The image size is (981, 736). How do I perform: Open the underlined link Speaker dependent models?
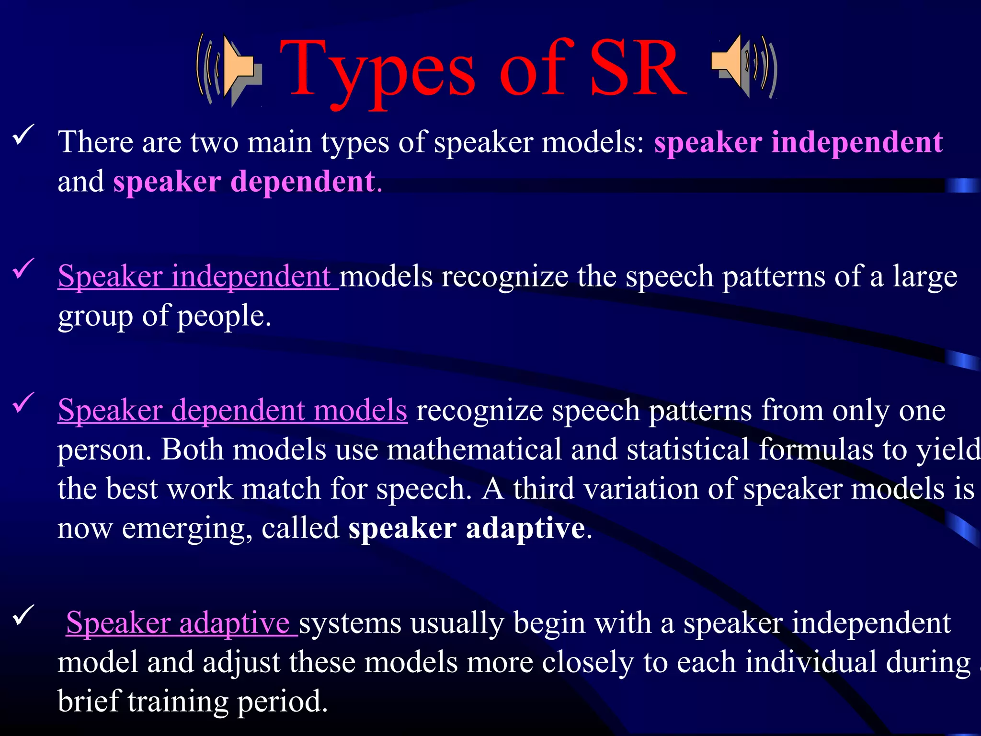tap(232, 411)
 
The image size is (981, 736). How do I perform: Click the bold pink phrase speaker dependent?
tap(244, 183)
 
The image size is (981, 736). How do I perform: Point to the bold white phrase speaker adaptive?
tap(467, 529)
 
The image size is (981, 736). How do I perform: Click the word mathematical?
tap(474, 450)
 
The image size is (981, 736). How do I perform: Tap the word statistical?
tap(688, 450)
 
